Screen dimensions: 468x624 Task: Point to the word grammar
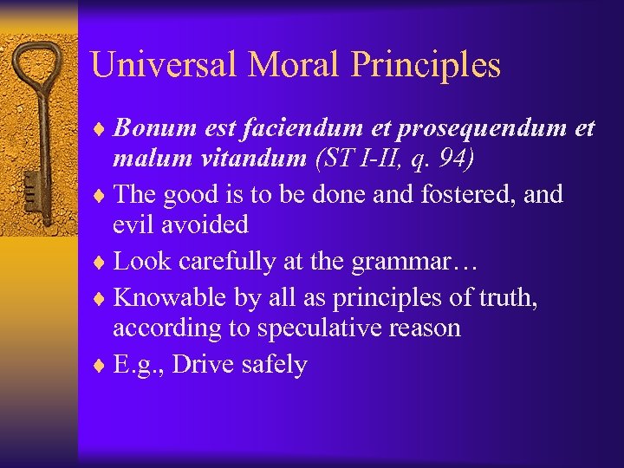(387, 261)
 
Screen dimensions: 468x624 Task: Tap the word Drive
(205, 365)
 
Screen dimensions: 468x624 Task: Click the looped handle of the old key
(38, 65)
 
